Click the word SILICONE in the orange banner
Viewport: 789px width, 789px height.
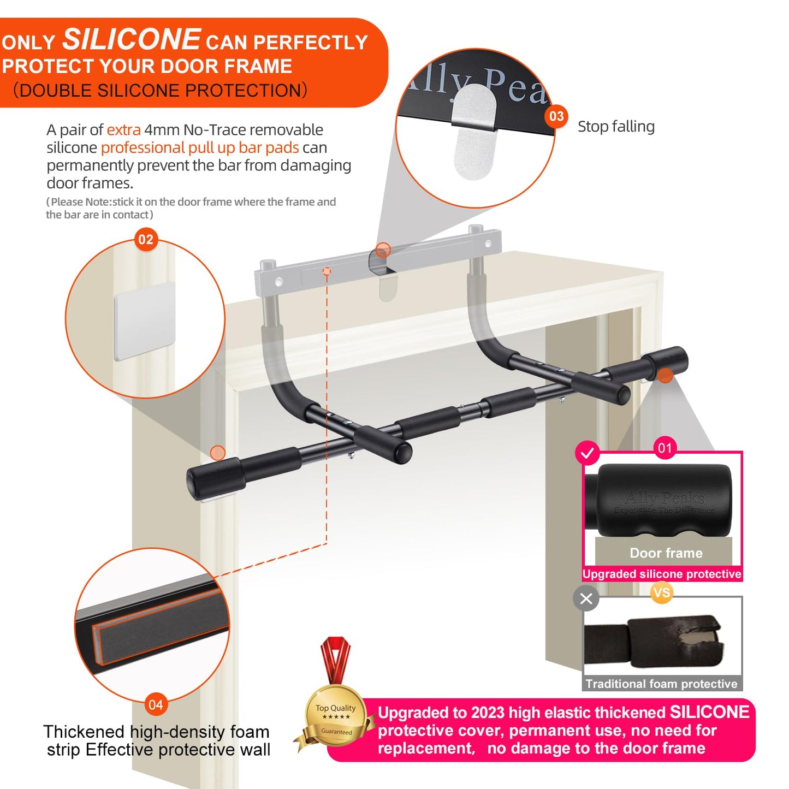point(132,40)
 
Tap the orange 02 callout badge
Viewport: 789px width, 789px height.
point(146,240)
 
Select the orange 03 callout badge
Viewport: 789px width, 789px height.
point(556,116)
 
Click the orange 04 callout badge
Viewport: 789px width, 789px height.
point(156,704)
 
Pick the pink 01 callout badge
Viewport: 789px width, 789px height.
point(665,448)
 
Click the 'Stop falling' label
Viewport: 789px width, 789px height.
point(616,127)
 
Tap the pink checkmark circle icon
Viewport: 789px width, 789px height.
point(588,453)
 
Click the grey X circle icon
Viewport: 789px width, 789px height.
point(586,599)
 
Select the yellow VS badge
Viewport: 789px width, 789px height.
point(662,592)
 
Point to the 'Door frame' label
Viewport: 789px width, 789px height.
point(666,553)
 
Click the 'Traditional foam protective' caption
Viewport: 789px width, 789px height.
point(661,684)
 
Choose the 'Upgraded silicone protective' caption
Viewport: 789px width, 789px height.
point(662,574)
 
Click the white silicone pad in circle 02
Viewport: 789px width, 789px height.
point(145,321)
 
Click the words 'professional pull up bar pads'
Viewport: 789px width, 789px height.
point(200,147)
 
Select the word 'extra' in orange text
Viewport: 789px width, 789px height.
point(123,130)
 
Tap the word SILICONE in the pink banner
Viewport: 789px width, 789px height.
point(709,712)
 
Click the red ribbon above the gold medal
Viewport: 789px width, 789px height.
point(336,658)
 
